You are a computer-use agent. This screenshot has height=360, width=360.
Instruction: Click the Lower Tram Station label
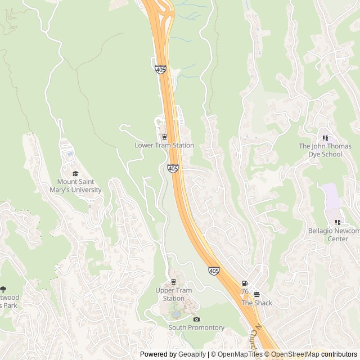(x=164, y=145)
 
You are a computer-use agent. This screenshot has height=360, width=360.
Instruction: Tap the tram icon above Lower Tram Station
(x=164, y=136)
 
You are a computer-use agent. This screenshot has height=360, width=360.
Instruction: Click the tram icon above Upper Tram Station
(x=173, y=282)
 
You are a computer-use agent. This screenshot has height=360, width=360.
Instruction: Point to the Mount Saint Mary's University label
(x=79, y=186)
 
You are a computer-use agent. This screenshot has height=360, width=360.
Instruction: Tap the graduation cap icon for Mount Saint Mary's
(x=75, y=173)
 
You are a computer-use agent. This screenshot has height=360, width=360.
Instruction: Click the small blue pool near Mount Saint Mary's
(x=70, y=153)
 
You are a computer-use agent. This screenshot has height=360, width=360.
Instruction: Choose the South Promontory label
(x=196, y=327)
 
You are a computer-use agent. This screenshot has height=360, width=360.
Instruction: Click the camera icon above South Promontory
(x=196, y=319)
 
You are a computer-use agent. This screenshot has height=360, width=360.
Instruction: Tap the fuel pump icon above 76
(x=245, y=283)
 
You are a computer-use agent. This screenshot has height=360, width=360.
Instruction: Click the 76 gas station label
(x=245, y=291)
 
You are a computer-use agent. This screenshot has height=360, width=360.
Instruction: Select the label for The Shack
(x=256, y=303)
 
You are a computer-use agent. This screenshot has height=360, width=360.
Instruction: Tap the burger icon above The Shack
(x=256, y=294)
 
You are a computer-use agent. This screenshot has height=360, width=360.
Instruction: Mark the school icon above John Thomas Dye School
(x=325, y=137)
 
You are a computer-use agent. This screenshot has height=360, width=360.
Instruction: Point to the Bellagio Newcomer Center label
(x=334, y=235)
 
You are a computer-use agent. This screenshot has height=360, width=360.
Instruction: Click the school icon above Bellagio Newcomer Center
(x=337, y=222)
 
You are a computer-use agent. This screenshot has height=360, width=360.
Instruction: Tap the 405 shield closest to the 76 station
(x=214, y=271)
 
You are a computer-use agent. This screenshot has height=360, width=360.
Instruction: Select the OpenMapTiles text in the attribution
(x=240, y=354)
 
